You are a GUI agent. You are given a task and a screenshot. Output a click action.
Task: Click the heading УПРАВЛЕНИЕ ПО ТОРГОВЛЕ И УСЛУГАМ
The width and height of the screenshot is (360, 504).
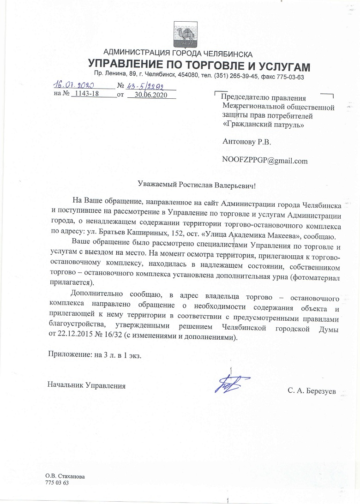[198, 65]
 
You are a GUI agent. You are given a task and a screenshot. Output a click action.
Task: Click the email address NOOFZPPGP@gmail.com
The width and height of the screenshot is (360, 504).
[264, 161]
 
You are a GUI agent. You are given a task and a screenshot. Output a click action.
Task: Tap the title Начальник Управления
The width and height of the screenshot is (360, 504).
[86, 384]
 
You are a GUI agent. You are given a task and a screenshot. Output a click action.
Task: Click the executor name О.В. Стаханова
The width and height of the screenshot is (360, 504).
[65, 476]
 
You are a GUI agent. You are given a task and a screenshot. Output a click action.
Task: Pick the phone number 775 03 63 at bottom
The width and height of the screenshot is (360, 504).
[57, 482]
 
